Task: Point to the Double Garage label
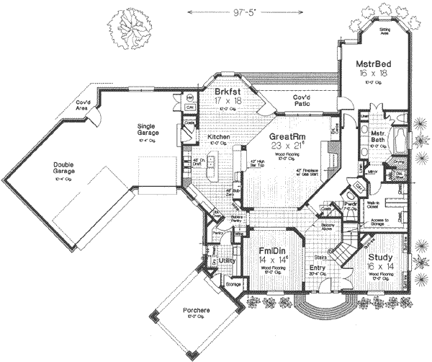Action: tap(66, 165)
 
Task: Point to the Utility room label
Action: tap(228, 260)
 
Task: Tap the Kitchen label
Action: tap(218, 136)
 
